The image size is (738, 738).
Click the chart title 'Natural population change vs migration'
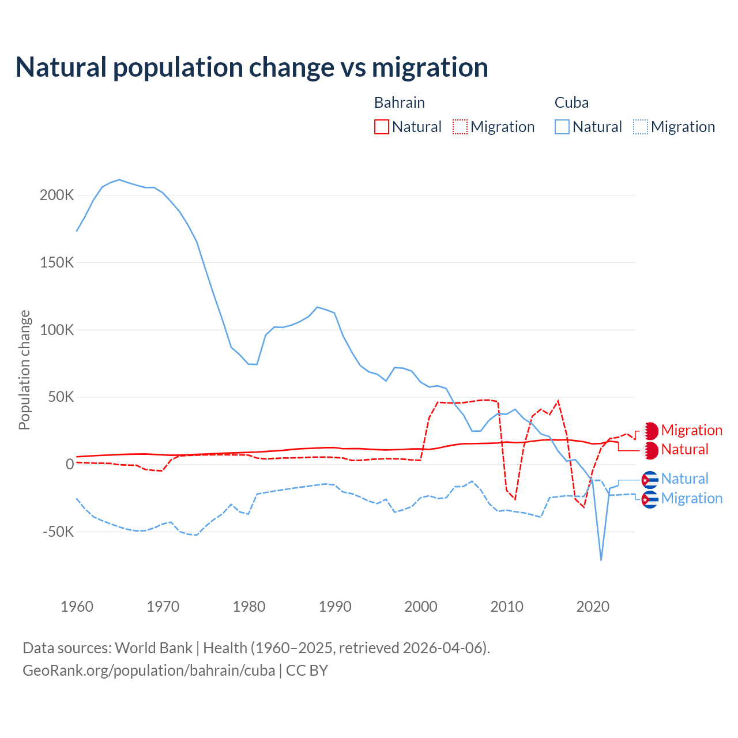pos(252,67)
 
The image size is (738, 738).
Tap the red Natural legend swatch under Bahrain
pos(382,127)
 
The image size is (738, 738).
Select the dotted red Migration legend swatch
pos(460,127)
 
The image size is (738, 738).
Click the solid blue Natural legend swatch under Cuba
pos(562,127)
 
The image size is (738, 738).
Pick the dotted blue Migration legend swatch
pos(641,127)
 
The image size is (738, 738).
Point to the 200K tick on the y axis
pos(57,195)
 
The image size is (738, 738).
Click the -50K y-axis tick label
pos(58,532)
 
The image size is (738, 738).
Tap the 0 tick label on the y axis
pos(70,464)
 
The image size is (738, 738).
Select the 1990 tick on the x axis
pos(335,607)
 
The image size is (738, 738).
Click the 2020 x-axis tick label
pos(593,607)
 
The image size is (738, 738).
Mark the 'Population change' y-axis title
pos(24,370)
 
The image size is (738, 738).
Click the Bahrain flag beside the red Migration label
pos(650,431)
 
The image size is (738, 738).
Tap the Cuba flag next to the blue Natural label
pos(650,479)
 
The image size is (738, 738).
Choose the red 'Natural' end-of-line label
pos(684,450)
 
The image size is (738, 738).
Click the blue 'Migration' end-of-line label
pos(691,498)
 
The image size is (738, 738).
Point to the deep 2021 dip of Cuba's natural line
pos(601,559)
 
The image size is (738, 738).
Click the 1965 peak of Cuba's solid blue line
pos(119,180)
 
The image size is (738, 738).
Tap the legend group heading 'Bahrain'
pos(400,103)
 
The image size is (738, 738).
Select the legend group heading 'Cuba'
pos(571,103)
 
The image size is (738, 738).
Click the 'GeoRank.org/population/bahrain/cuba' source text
pos(149,671)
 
